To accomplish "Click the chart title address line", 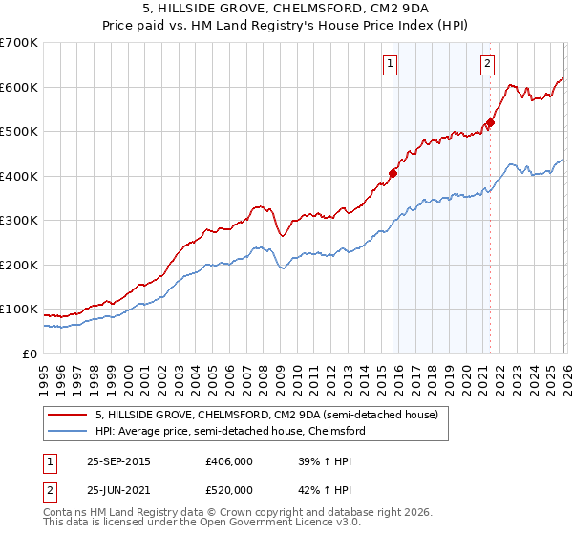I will pyautogui.click(x=286, y=10).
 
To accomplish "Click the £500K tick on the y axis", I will pyautogui.click(x=19, y=132).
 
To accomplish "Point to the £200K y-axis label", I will pyautogui.click(x=19, y=265).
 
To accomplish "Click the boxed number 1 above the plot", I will pyautogui.click(x=392, y=64).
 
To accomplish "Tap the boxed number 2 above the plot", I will pyautogui.click(x=487, y=64).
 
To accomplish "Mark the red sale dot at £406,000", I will pyautogui.click(x=393, y=174).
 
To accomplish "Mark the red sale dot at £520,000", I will pyautogui.click(x=490, y=122).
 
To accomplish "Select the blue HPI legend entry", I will pyautogui.click(x=230, y=432).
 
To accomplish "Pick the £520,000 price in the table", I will pyautogui.click(x=229, y=489).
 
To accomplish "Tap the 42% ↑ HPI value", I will pyautogui.click(x=319, y=489).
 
